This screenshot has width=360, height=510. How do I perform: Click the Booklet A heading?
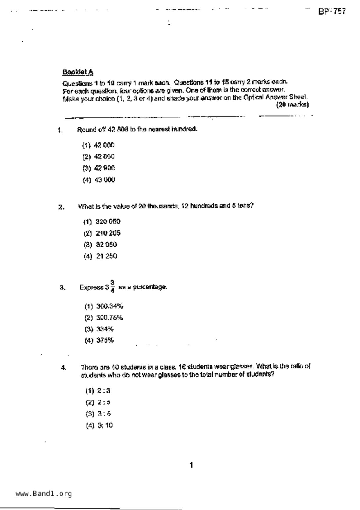tap(78, 72)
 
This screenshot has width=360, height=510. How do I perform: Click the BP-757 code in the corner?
tap(332, 11)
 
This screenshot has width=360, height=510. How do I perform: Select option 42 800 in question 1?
tap(98, 157)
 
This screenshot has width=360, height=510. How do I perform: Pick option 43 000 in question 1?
tap(99, 180)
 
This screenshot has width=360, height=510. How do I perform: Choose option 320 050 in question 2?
tap(102, 222)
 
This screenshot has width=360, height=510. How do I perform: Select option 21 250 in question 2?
tap(101, 256)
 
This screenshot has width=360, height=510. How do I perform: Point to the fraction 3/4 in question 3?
tap(112, 286)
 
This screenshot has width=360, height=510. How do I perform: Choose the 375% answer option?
tap(99, 340)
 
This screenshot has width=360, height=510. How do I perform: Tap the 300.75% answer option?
tap(104, 318)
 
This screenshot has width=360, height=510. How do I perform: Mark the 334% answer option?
tap(99, 329)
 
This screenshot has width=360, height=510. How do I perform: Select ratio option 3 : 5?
tap(98, 414)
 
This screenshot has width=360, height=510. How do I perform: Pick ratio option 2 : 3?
tap(98, 391)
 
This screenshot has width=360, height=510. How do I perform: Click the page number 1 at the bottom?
tap(191, 465)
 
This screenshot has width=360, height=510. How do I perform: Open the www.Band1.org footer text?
tap(44, 493)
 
